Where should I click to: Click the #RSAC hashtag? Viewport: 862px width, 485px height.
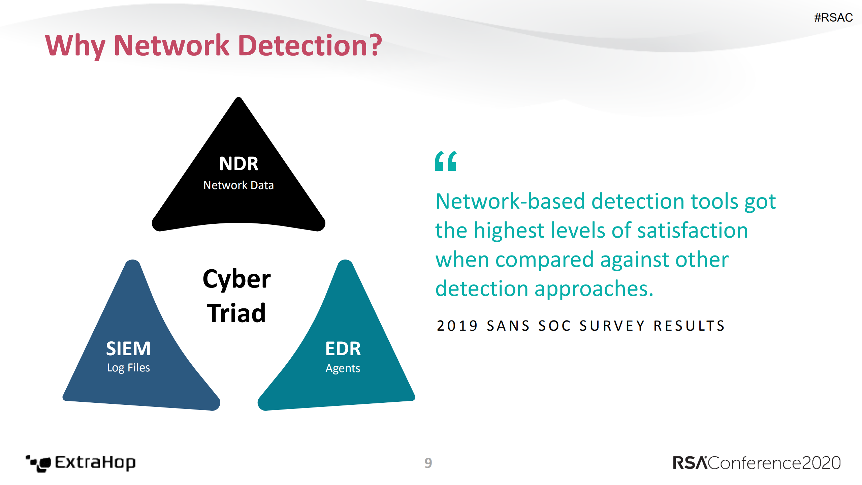pos(833,17)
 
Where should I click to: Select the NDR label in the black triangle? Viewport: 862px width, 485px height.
pos(238,164)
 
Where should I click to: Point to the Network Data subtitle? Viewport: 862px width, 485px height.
pos(238,185)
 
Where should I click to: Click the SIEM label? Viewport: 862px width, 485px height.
pos(128,348)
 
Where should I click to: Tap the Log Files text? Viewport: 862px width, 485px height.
pos(128,367)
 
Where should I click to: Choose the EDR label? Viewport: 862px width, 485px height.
pos(343,348)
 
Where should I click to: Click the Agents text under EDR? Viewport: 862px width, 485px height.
pos(343,368)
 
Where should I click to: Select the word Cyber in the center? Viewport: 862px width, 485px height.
pos(236,279)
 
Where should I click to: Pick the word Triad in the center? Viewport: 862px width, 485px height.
pos(236,313)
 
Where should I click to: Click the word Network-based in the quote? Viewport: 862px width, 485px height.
pos(510,201)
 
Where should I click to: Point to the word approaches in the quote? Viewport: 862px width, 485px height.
pos(594,289)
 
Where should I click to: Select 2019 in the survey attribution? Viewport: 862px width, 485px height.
pos(457,326)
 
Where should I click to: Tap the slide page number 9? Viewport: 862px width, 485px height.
pos(428,463)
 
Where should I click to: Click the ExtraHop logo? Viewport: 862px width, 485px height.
pos(81,463)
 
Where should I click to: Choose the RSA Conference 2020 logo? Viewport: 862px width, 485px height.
pos(756,463)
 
